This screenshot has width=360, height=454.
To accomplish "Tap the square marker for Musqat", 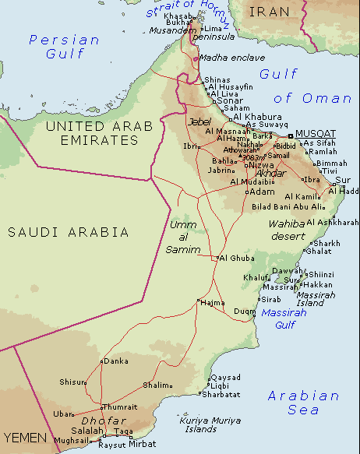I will click(x=291, y=135).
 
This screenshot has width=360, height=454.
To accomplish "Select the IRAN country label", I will click(x=269, y=11).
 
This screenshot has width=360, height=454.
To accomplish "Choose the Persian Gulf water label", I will click(x=64, y=47).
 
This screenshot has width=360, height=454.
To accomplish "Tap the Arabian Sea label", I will click(x=304, y=403).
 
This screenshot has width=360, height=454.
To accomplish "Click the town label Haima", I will click(x=213, y=303).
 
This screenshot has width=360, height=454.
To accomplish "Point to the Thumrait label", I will click(x=119, y=406).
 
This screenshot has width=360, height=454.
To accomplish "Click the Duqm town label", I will click(x=244, y=311).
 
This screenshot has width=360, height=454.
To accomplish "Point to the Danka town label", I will click(x=116, y=361).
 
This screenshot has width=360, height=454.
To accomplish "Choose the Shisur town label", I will click(x=72, y=382).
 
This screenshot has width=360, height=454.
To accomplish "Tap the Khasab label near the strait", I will click(x=175, y=15).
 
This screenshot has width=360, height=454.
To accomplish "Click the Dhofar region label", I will click(x=97, y=421).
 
